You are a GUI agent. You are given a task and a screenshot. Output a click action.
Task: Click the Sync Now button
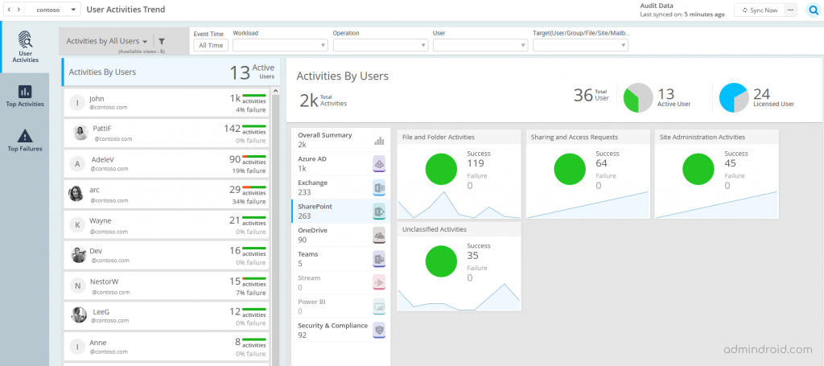760,10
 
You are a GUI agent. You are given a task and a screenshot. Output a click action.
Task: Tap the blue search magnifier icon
812,10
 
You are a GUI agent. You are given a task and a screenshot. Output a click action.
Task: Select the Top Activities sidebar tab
24,96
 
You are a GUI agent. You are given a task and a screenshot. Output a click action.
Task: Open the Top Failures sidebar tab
24,140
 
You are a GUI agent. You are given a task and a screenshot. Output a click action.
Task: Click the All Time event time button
211,46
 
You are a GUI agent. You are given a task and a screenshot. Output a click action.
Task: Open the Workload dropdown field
280,46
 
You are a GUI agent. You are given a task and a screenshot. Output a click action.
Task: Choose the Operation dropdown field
380,46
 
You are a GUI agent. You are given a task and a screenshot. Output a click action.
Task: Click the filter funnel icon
161,41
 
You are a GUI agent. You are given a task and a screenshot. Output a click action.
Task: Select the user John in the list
97,99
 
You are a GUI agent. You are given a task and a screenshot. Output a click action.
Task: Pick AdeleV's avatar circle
76,163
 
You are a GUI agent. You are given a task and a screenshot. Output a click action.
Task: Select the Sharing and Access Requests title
574,138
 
